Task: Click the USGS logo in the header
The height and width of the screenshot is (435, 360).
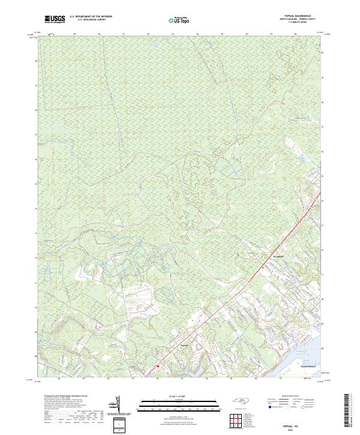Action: [55, 20]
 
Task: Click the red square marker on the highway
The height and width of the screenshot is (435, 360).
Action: [157, 365]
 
